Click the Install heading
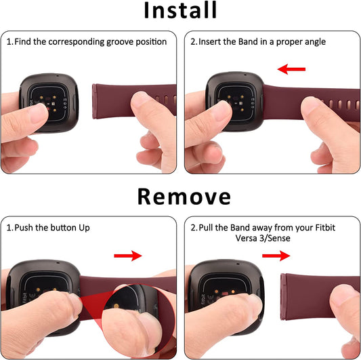180,10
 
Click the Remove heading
184,197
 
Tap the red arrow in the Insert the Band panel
291,69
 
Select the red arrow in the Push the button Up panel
128,256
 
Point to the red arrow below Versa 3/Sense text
276,256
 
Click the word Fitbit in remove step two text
325,228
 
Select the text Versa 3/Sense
263,238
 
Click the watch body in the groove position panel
49,103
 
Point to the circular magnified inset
137,321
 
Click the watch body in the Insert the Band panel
235,102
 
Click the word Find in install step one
22,42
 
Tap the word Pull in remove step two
206,228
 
